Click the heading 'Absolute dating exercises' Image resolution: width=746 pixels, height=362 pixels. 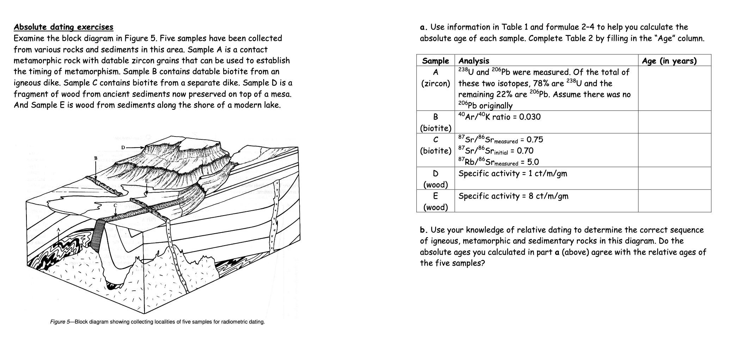[x=63, y=27]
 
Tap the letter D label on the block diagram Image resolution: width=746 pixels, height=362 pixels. [x=123, y=147]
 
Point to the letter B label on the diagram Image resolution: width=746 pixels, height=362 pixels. [x=95, y=158]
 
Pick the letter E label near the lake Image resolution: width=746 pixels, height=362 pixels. [x=147, y=181]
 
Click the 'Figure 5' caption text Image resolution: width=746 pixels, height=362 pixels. [x=157, y=322]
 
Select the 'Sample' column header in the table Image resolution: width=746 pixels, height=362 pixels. [x=435, y=61]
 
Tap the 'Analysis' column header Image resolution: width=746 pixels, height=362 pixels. [x=473, y=61]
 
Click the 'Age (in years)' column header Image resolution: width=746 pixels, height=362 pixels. [x=669, y=61]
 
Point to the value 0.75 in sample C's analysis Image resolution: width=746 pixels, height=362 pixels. [x=534, y=140]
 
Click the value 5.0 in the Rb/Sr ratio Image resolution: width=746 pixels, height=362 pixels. [x=533, y=162]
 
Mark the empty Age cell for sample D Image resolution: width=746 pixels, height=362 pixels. [x=674, y=179]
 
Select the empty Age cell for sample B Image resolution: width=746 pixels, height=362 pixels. [x=674, y=122]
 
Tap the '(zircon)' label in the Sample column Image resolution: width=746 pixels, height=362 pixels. [x=435, y=84]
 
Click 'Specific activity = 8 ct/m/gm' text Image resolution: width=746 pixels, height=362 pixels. [x=513, y=196]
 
